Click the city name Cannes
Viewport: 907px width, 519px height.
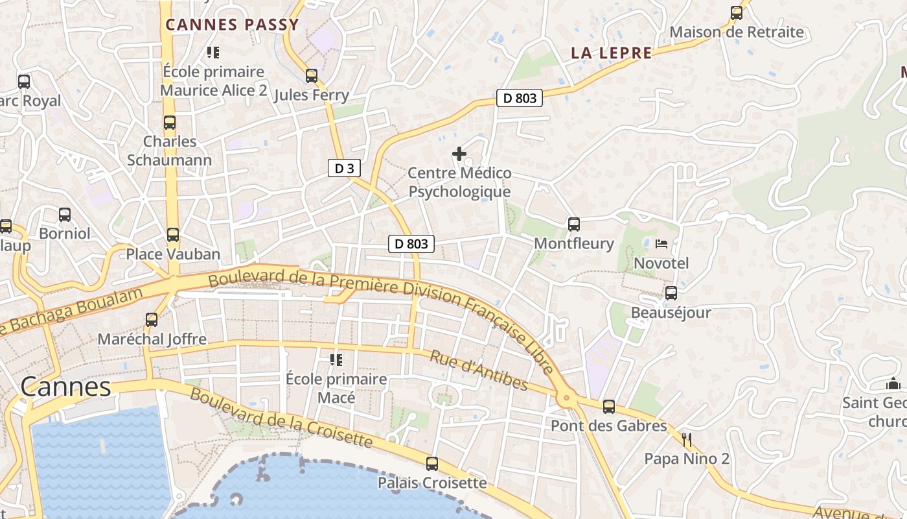pos(65,387)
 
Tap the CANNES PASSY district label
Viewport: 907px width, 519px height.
pos(232,25)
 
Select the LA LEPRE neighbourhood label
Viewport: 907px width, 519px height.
pos(611,53)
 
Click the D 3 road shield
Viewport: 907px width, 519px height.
pos(343,169)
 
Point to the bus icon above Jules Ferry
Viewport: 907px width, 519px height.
pos(312,76)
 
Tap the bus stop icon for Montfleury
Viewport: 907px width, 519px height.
pos(574,224)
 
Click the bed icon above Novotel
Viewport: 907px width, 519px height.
pos(661,244)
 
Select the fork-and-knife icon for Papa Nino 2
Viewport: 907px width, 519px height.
pos(687,440)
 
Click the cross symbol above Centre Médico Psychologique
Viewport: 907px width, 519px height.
pos(459,154)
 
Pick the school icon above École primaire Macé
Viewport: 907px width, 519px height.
pos(336,359)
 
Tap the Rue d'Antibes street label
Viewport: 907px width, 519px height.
pos(479,371)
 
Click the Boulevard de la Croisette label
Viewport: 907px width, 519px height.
pos(281,419)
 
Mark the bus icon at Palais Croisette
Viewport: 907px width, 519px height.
pos(432,464)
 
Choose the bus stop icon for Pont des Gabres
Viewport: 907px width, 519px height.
pos(608,407)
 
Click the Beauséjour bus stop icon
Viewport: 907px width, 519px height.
pos(671,293)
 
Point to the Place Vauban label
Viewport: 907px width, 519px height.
pos(173,254)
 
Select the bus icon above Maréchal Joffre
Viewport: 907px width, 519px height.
pos(152,320)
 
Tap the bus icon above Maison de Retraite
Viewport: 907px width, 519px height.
pos(737,13)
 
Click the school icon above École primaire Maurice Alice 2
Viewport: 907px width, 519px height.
pos(213,52)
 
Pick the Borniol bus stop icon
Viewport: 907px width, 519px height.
pos(65,215)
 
